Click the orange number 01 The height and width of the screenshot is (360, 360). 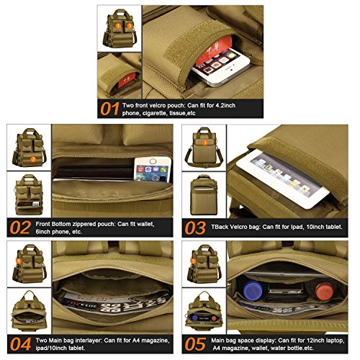(x=109, y=109)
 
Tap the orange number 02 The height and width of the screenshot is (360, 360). (x=20, y=228)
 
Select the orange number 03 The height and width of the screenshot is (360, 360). (x=195, y=228)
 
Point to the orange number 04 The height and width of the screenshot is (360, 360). (x=20, y=344)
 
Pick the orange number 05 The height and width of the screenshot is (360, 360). (x=195, y=344)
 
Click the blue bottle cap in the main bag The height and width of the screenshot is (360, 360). (x=253, y=290)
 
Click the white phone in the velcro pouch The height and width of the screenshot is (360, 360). (x=222, y=67)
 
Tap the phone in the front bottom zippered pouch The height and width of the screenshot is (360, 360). (x=153, y=169)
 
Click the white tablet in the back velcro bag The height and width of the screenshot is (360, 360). (x=283, y=178)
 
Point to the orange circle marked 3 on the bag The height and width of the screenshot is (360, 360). (x=204, y=143)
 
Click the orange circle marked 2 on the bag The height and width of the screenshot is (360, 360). (x=33, y=159)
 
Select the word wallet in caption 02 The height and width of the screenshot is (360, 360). (x=144, y=224)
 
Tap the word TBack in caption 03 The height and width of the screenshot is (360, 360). (x=220, y=227)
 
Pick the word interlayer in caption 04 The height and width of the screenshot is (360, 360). (x=89, y=341)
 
